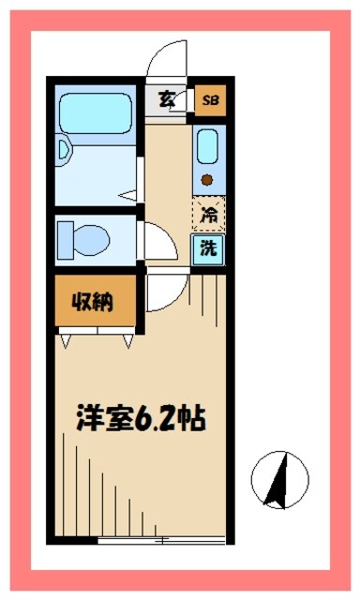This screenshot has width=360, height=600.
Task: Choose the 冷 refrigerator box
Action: (x=209, y=214)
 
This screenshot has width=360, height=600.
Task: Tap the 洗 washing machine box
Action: (x=209, y=248)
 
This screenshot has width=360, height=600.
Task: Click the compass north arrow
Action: (x=279, y=477)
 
